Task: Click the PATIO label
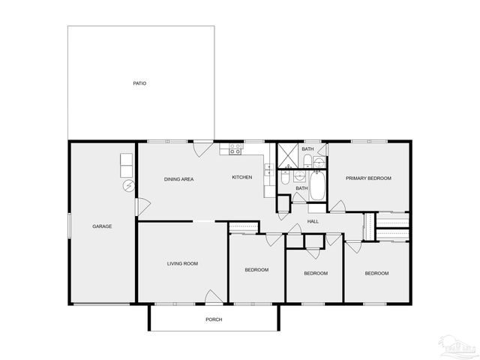139,83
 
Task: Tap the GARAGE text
102,226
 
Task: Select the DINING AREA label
179,179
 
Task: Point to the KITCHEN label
241,177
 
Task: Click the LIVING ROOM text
182,263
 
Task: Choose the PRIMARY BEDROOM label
368,178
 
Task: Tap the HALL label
313,221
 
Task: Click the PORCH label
214,319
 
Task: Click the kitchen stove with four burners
235,148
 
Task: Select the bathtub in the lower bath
317,187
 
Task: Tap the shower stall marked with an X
288,155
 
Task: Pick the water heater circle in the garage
128,185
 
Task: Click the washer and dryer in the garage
126,165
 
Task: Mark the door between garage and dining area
139,204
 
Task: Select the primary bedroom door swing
338,205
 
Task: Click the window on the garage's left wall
70,226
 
